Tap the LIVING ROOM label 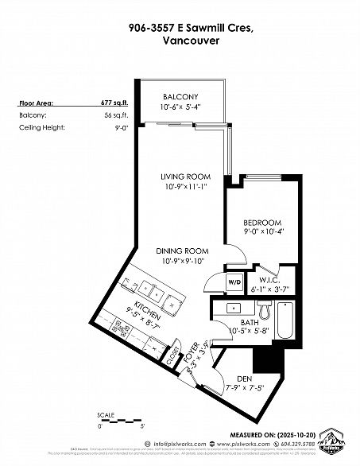(184, 177)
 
